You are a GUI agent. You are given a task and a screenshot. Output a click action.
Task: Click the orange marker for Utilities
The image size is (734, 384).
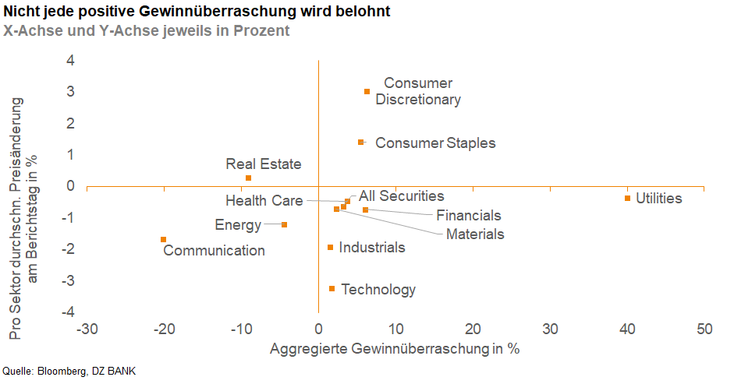pyautogui.click(x=627, y=198)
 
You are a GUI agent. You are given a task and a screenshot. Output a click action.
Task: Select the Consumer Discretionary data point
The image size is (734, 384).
pyautogui.click(x=367, y=91)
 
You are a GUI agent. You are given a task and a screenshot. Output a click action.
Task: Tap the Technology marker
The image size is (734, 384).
pyautogui.click(x=332, y=288)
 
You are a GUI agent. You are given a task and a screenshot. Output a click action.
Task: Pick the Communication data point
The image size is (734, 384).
pyautogui.click(x=163, y=239)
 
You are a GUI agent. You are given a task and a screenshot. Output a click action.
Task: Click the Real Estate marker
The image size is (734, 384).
pyautogui.click(x=248, y=178)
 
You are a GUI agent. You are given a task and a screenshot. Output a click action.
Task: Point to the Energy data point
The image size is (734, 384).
pyautogui.click(x=284, y=224)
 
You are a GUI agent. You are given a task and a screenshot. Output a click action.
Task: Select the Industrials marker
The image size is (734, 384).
pyautogui.click(x=330, y=247)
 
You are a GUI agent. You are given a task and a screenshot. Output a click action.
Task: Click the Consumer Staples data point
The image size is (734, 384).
pyautogui.click(x=360, y=142)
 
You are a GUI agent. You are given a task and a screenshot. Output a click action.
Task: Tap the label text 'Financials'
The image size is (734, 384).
pyautogui.click(x=468, y=216)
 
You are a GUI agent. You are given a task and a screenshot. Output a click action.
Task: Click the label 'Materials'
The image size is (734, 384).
pyautogui.click(x=475, y=234)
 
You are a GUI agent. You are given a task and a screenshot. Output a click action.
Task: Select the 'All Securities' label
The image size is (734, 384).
pyautogui.click(x=401, y=196)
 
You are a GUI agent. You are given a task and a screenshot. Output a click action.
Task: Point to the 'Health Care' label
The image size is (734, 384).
pyautogui.click(x=264, y=201)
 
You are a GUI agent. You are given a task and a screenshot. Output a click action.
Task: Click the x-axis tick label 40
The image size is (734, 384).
pyautogui.click(x=627, y=329)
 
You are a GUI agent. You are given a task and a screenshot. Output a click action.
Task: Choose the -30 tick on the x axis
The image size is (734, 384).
pyautogui.click(x=86, y=329)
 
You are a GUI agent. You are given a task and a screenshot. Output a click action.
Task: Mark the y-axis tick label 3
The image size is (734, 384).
pyautogui.click(x=69, y=92)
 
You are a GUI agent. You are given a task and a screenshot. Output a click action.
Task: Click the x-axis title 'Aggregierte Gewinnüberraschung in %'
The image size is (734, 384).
pyautogui.click(x=394, y=348)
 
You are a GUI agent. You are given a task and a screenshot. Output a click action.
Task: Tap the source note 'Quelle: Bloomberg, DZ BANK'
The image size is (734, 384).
pyautogui.click(x=63, y=372)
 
